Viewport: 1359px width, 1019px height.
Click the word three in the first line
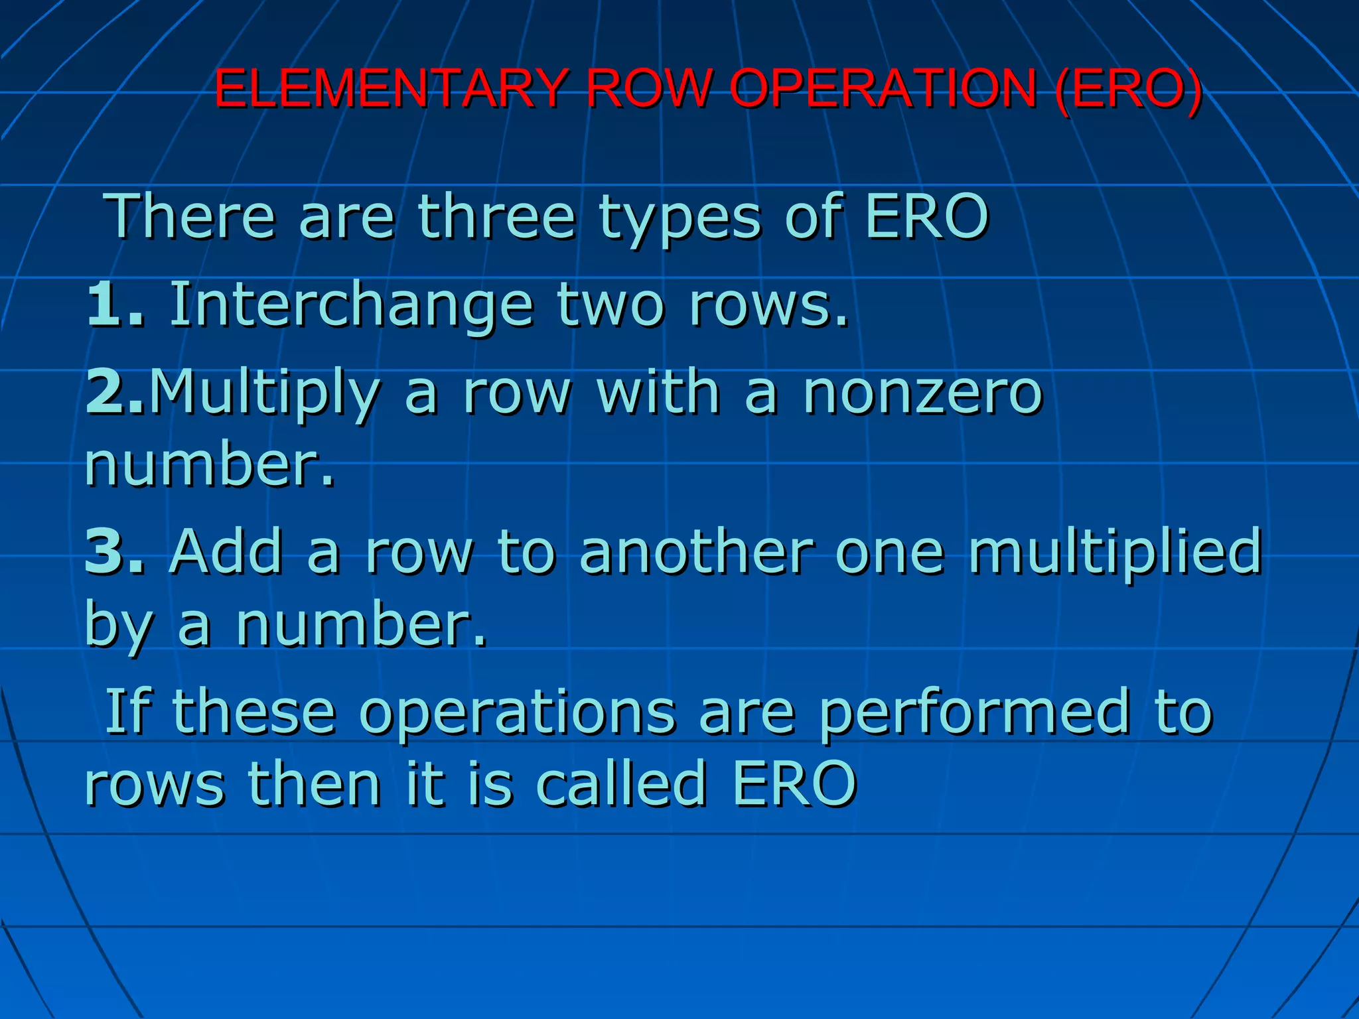496,216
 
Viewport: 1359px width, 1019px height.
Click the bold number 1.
106,305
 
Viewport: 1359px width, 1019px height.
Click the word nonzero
923,393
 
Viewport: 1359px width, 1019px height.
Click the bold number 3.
106,550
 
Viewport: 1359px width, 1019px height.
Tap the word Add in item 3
226,550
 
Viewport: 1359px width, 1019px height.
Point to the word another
696,550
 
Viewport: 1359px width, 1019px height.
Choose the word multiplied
1114,551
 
